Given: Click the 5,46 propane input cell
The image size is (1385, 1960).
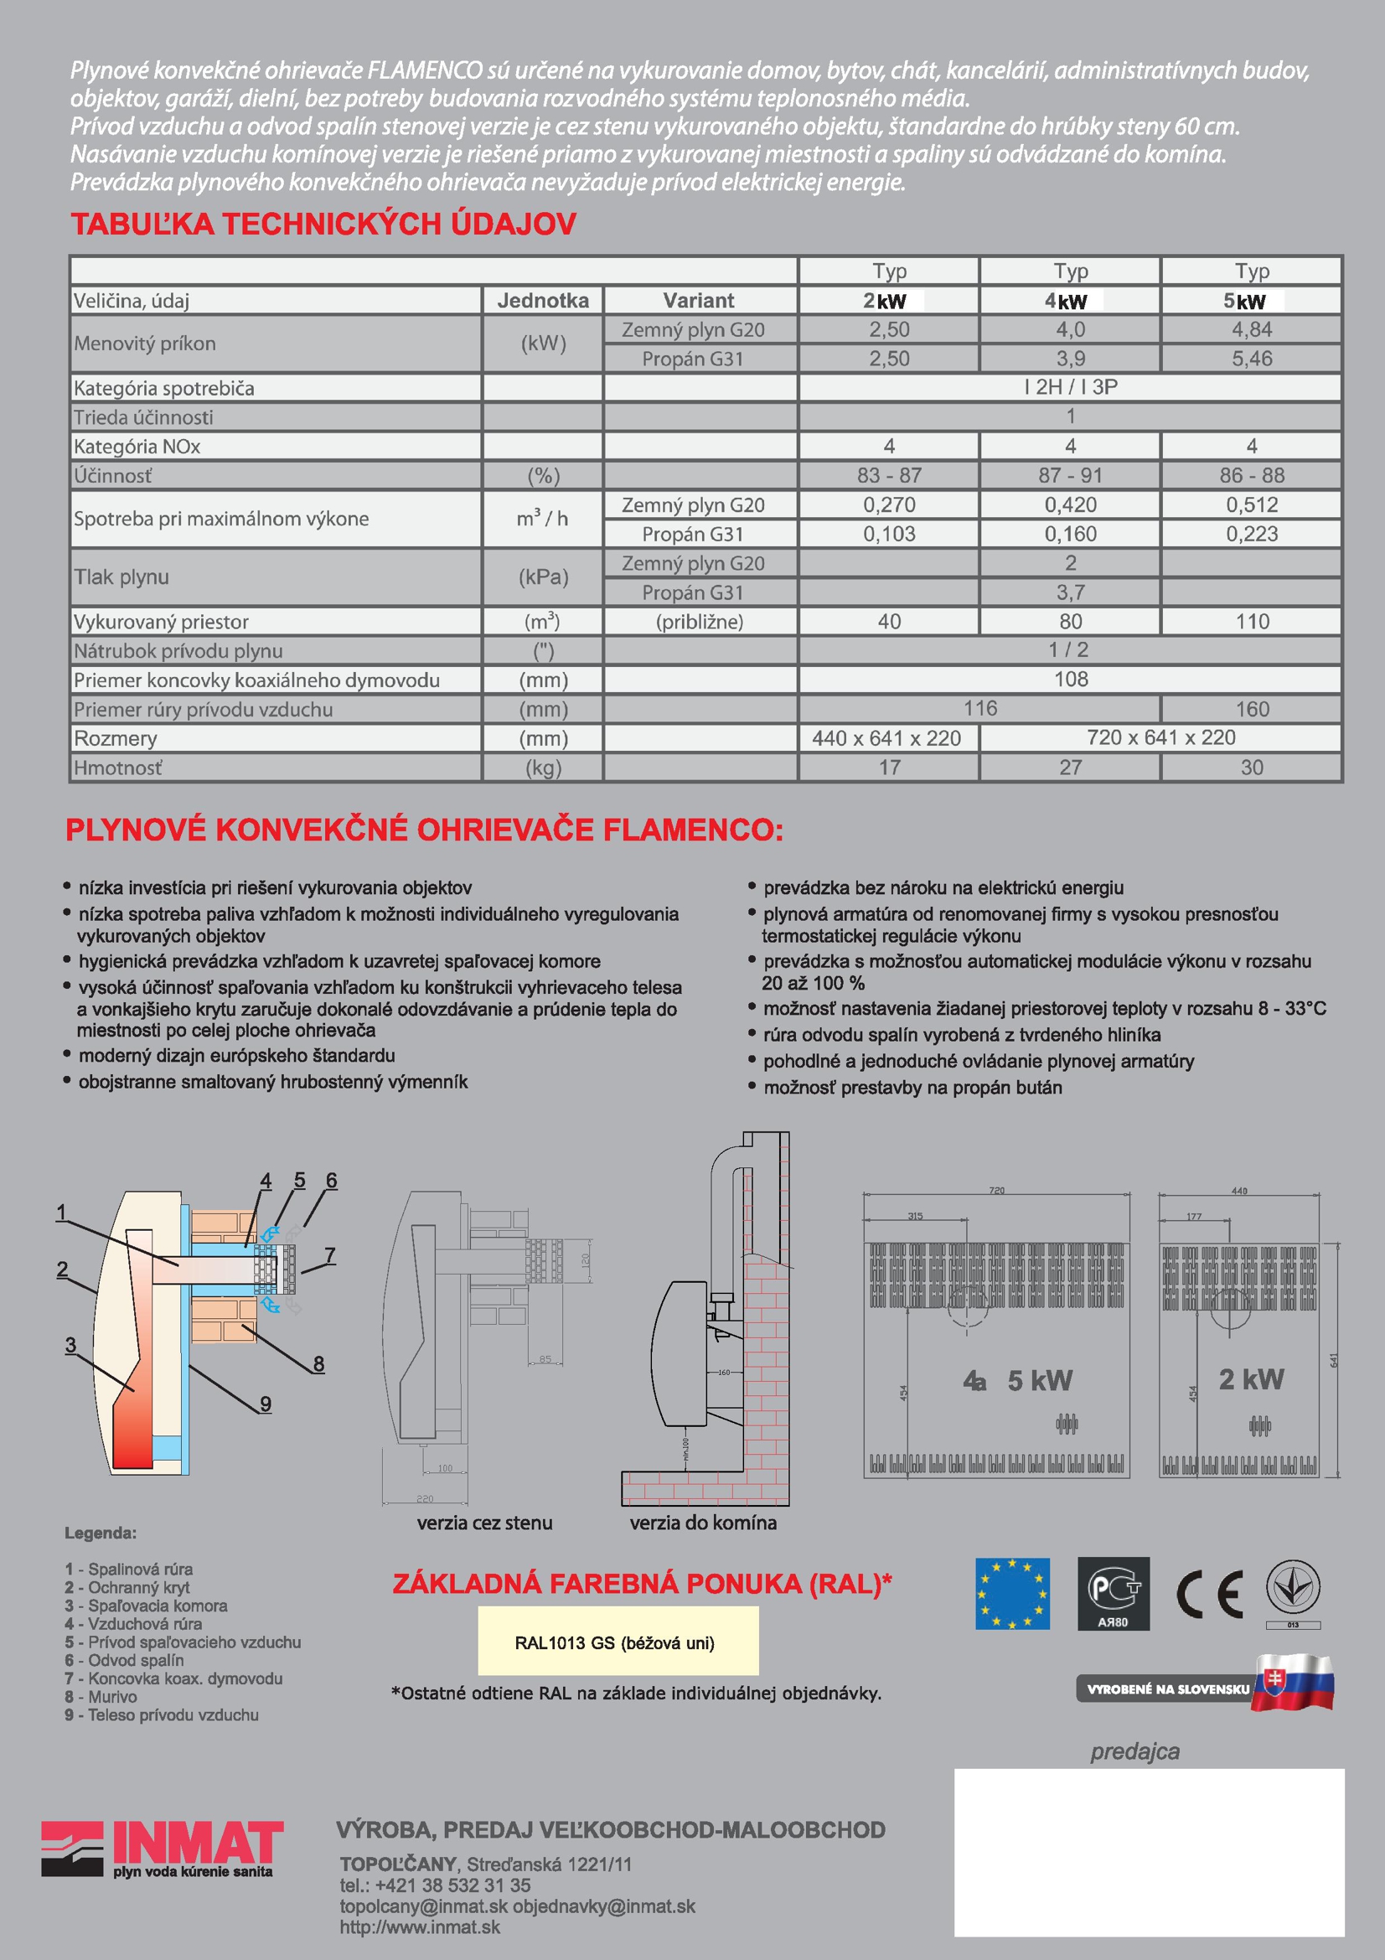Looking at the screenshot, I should coord(1251,359).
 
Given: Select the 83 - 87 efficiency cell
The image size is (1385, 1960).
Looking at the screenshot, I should coord(888,475).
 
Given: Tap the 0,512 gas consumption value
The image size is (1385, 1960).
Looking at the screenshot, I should coord(1251,504).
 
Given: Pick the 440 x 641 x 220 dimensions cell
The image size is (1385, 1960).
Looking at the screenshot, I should coord(886,738).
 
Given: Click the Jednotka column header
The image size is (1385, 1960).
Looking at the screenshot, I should coord(543,301).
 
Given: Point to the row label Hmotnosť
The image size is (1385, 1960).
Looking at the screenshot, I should coord(118,768).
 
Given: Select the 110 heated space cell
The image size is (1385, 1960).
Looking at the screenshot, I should coord(1252,622).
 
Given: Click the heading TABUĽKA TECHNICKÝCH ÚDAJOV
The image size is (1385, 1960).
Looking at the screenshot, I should coord(323,225).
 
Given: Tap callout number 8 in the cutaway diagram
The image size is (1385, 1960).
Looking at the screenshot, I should coord(318,1363).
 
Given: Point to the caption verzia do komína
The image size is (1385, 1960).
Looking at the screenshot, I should coord(703,1523).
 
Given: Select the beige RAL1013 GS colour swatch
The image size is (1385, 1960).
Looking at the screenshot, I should coord(618,1641).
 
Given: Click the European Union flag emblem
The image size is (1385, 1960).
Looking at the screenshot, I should coord(1012,1594).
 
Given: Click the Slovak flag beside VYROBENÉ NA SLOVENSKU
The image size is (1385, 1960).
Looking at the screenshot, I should coord(1294,1683).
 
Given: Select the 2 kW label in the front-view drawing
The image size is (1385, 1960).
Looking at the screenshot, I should coord(1250,1378).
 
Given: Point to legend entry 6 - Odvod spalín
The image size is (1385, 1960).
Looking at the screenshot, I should coord(125,1660).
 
